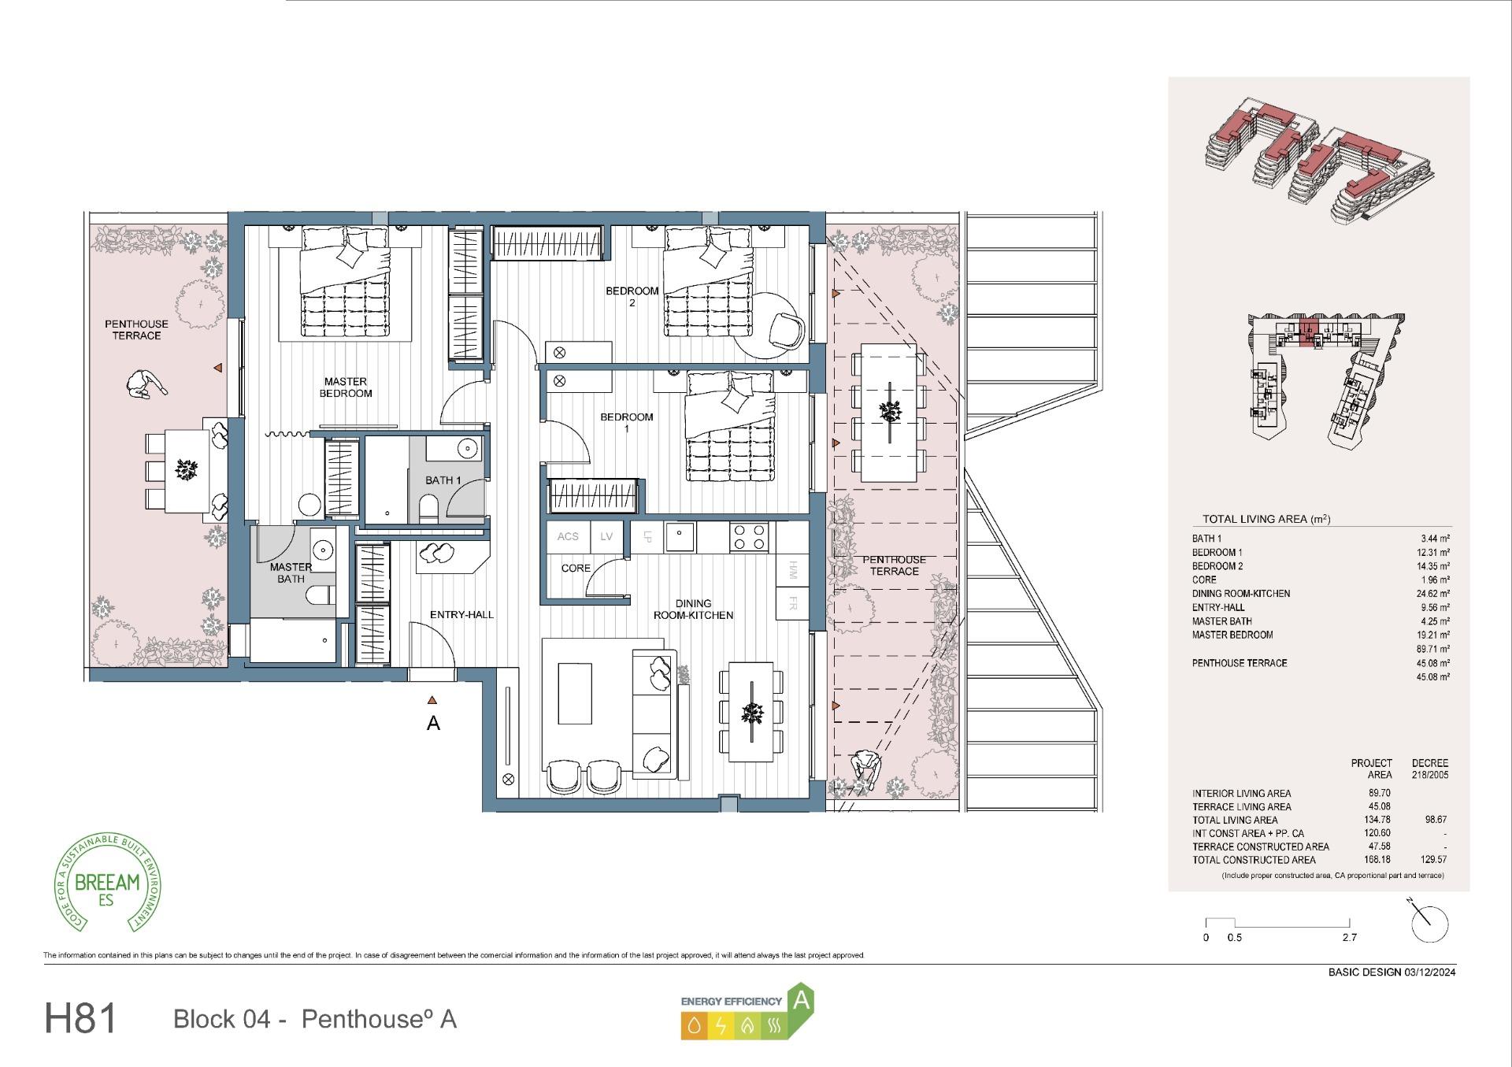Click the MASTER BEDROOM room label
(346, 387)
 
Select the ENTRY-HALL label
(461, 615)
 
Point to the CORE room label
(576, 568)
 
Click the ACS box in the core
(568, 537)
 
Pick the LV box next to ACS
(606, 537)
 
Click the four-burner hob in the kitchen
(749, 537)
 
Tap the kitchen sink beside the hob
(679, 537)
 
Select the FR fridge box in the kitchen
(793, 604)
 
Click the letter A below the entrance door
(433, 723)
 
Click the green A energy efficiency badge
(801, 1001)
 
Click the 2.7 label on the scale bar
(1349, 938)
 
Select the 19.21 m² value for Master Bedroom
(1432, 635)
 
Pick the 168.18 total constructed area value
(1379, 860)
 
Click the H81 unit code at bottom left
(80, 1019)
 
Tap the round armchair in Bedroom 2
(787, 328)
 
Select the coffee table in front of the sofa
(575, 693)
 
